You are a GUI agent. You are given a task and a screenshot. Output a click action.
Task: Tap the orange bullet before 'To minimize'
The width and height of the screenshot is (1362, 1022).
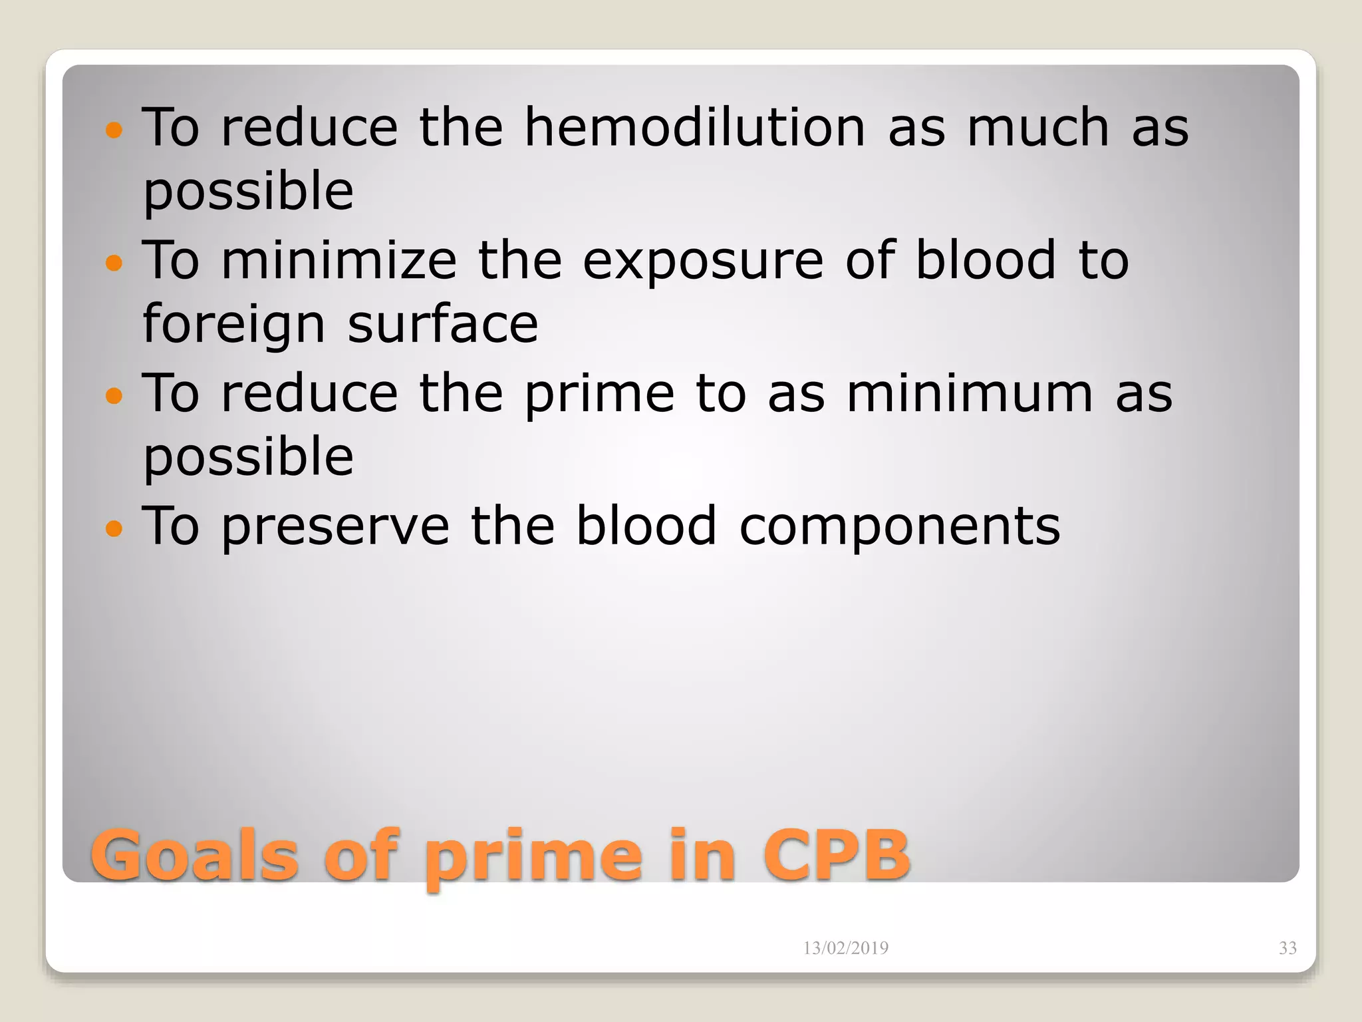[114, 263]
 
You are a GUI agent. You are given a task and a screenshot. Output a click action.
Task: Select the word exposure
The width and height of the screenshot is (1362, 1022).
[703, 261]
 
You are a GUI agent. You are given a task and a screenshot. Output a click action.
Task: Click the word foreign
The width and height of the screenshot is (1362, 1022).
[234, 325]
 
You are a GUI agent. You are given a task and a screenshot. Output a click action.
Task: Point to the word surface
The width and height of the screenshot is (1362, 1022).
[443, 324]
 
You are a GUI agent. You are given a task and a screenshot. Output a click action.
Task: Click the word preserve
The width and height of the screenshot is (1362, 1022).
[336, 527]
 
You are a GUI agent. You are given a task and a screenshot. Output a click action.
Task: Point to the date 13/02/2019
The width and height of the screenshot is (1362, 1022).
[845, 948]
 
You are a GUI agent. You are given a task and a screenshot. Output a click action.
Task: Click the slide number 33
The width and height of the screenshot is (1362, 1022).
[1288, 948]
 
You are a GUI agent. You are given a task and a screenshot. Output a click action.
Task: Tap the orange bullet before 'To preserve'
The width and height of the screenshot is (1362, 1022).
[114, 529]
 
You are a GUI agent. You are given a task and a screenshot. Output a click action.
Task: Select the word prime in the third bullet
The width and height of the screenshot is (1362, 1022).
[599, 395]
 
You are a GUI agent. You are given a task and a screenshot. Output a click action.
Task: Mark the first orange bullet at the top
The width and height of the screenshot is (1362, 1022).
[114, 129]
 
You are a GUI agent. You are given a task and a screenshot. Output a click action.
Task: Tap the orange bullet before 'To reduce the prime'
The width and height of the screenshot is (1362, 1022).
[114, 396]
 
